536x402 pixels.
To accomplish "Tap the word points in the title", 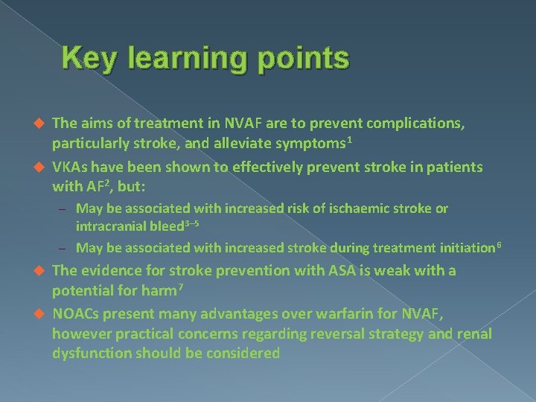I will tap(303, 59).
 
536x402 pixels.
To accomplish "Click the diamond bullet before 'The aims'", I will tap(42, 123).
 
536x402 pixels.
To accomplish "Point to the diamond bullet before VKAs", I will tap(42, 167).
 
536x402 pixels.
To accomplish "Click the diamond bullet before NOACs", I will tap(42, 313).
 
